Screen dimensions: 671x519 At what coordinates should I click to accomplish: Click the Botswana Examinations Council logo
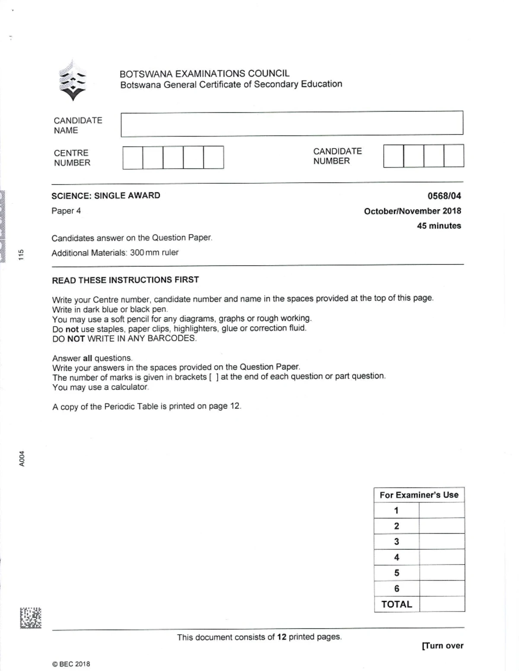(x=73, y=81)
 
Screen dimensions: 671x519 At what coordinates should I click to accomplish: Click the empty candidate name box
(x=292, y=124)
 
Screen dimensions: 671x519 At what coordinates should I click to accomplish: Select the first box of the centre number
(x=133, y=157)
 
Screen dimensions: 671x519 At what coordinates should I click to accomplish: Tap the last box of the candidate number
(x=454, y=156)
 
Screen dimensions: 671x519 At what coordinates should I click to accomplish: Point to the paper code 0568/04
(x=444, y=196)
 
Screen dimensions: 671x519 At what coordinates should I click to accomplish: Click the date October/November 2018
(x=412, y=211)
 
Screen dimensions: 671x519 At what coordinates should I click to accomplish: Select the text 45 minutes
(x=439, y=226)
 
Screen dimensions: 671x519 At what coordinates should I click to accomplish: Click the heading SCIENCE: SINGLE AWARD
(x=106, y=196)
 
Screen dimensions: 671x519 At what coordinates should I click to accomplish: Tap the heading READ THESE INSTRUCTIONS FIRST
(x=125, y=280)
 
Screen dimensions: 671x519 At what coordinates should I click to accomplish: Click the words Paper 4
(x=66, y=211)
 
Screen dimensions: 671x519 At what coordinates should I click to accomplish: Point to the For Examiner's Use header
(x=419, y=495)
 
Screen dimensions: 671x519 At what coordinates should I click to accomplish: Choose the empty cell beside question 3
(x=442, y=541)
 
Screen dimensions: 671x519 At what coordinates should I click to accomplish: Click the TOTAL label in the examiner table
(x=397, y=604)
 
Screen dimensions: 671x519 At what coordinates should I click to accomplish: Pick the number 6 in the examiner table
(x=397, y=588)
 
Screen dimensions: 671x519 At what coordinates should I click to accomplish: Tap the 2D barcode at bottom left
(x=30, y=617)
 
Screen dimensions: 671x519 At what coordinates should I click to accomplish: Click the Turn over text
(x=442, y=646)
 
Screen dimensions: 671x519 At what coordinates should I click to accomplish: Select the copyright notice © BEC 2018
(x=71, y=664)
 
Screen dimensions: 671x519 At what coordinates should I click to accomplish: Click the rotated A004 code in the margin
(x=22, y=458)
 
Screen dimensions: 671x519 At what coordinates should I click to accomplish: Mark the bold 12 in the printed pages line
(x=282, y=637)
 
